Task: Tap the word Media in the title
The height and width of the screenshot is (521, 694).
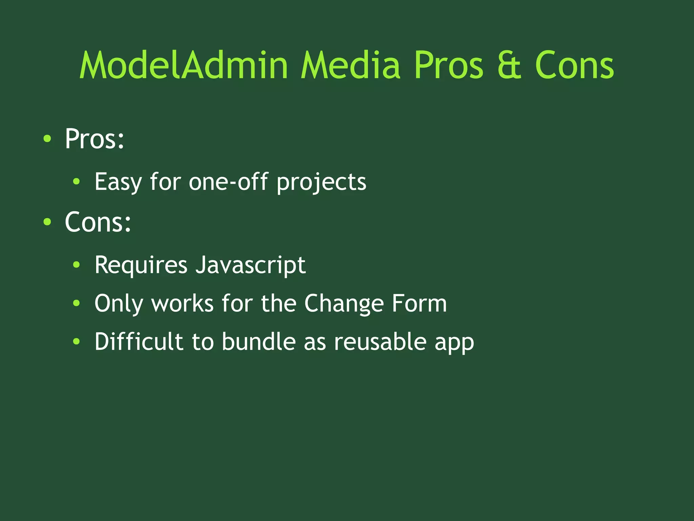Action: pos(350,65)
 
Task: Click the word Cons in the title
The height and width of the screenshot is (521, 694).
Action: pos(574,66)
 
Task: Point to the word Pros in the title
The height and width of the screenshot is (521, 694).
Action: pos(448,66)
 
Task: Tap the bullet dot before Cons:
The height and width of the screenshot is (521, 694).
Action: pos(47,222)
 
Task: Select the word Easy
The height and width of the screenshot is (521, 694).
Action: pos(118,182)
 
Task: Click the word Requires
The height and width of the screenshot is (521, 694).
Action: pos(141,265)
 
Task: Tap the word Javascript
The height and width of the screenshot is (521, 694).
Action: pos(250,265)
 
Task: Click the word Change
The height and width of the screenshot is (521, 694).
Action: pos(344,304)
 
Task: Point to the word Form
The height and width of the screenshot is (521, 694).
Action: pos(419,303)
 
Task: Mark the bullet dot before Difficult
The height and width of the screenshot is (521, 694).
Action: pos(77,342)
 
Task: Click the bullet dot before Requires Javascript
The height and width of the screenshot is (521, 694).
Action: pos(77,265)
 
